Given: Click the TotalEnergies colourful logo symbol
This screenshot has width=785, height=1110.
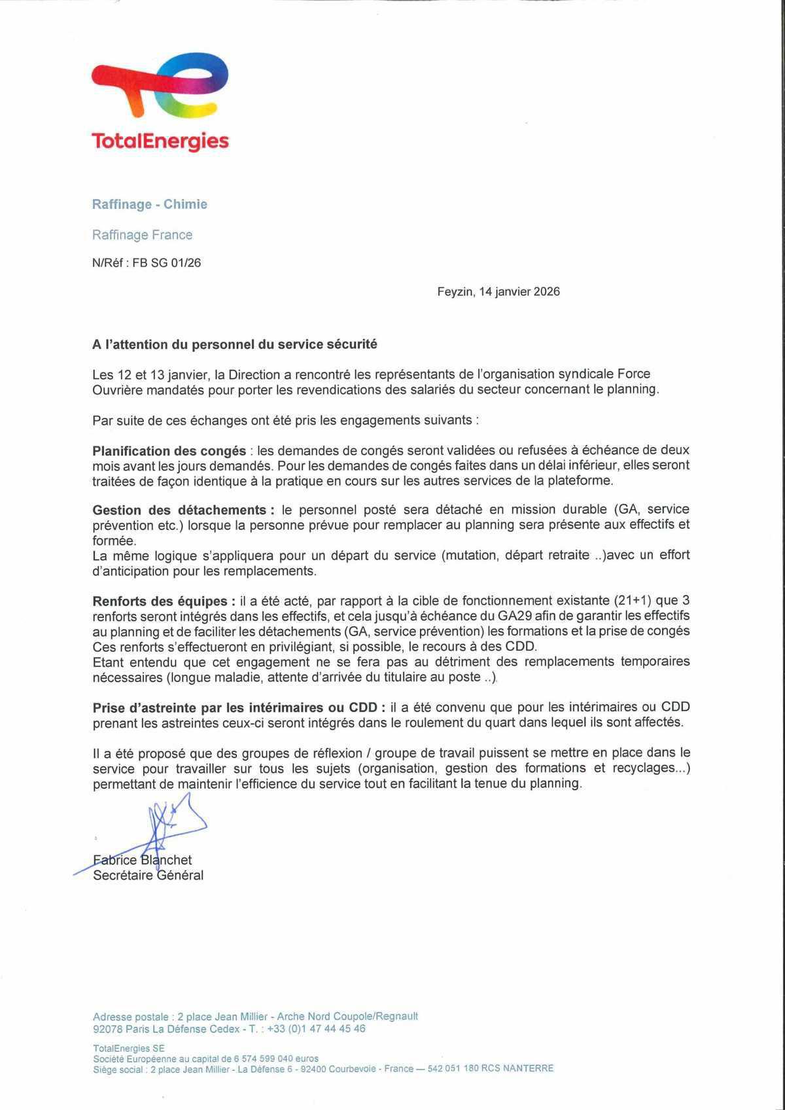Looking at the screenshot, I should [160, 85].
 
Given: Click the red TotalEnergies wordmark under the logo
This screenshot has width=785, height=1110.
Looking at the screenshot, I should [160, 141].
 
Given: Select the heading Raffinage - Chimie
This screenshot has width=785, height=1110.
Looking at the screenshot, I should [149, 204].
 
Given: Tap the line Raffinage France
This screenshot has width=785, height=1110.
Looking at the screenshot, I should [142, 235].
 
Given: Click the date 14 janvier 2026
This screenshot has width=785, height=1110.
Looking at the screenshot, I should [519, 292].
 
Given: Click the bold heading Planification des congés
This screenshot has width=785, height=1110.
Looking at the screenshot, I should [169, 451].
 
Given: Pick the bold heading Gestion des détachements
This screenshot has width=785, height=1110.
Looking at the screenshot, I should [178, 510].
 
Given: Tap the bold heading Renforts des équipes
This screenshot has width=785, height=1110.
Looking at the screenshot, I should [164, 601].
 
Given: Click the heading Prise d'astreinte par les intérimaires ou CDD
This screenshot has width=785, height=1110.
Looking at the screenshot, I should [234, 707].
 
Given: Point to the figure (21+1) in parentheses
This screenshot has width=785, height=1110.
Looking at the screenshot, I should [633, 601].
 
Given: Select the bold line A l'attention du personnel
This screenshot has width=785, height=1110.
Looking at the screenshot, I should [234, 344].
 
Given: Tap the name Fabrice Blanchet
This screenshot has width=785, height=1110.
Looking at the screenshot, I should [142, 860].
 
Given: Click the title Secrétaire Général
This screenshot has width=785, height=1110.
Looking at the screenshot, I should [148, 876].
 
